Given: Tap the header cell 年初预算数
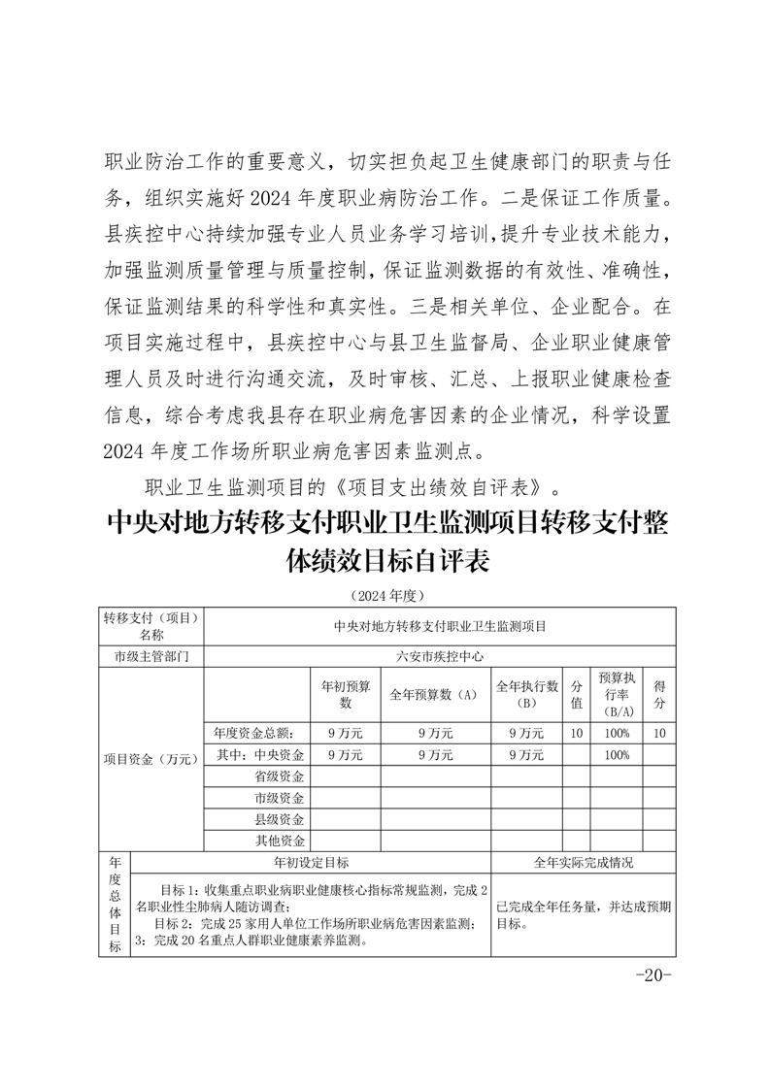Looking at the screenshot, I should coord(345,694).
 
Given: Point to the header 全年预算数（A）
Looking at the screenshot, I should coord(435,695).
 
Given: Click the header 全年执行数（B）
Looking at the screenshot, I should coord(527,694).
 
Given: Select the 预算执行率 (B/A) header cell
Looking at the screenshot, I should coord(617,694).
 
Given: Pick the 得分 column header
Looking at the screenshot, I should coord(659,694).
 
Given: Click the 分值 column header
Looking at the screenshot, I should coord(577,694).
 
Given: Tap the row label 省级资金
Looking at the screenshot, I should coord(280,775).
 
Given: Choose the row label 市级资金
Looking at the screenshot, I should coord(280,798).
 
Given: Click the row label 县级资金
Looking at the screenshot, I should coord(280,819).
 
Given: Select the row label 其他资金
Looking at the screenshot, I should coord(280,841).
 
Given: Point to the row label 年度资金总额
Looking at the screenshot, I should coord(255,733).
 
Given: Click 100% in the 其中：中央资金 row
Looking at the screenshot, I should coord(617,754).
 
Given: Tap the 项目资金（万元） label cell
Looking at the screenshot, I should coord(151,758).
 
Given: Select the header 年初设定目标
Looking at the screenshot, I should coord(311,862).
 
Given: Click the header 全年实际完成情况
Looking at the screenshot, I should coord(584,862).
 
